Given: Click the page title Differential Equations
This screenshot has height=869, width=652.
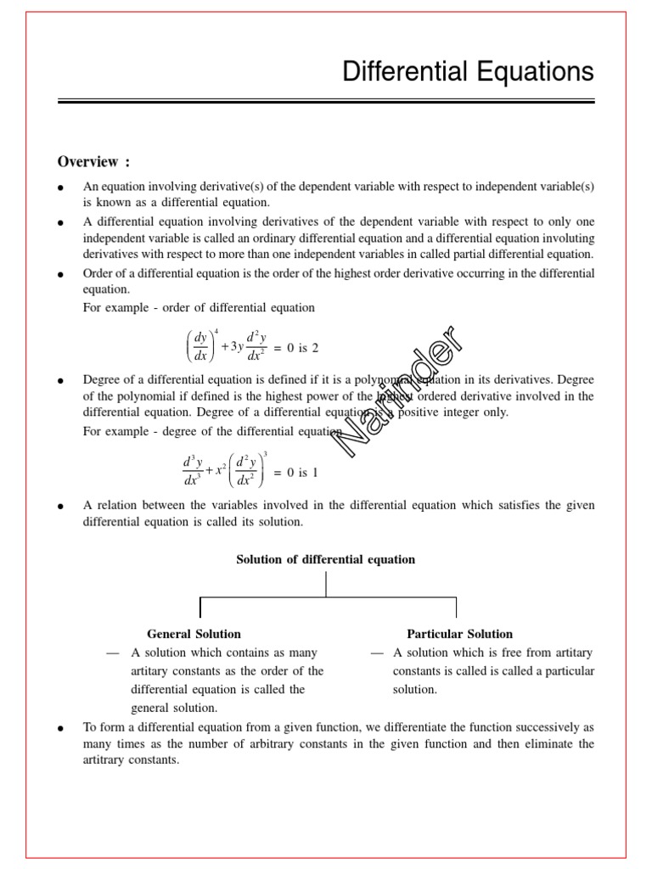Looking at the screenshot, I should point(468,72).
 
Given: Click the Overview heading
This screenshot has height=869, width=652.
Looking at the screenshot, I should point(93,162).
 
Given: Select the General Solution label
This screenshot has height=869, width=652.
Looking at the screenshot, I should point(194,634).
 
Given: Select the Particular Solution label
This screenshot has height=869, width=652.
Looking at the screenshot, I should point(459,634).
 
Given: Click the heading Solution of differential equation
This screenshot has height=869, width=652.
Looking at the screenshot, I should point(325,559).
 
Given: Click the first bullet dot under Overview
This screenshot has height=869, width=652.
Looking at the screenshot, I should point(61,188).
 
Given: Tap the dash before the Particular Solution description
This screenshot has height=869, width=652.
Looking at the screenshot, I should point(377,653).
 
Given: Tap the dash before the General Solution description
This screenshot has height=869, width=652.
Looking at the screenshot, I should point(112,653).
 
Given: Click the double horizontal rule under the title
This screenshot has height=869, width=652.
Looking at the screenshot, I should point(326,103).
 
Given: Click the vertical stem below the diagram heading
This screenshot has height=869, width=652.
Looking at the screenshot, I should point(326,584).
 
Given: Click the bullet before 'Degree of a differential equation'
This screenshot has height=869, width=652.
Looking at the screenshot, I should point(61,382).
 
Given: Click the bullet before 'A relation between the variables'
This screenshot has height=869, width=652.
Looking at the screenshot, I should point(61,507).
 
